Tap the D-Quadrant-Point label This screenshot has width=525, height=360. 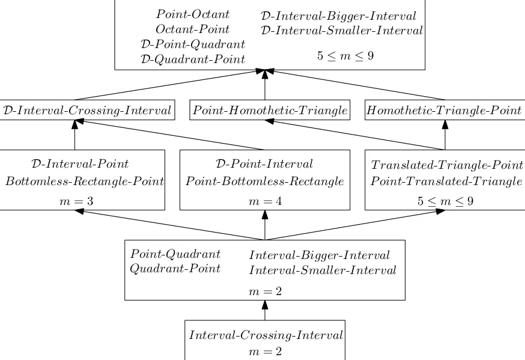pos(192,58)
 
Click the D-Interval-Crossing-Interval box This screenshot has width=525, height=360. pos(88,110)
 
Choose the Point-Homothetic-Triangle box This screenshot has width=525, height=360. pos(270,110)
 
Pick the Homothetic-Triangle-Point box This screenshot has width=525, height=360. pos(445,110)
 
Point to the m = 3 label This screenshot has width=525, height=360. pos(75,201)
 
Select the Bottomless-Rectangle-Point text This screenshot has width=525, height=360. pos(85,182)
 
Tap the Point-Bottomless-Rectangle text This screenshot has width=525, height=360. pos(264,182)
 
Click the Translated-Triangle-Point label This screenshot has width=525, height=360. pos(446,165)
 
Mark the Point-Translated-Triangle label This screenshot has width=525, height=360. pos(446,182)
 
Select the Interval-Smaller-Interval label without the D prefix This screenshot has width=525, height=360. pos(323,270)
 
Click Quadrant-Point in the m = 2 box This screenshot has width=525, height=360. pos(175,268)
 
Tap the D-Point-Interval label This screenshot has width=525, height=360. pos(264,163)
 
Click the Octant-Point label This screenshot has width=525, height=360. pos(192,29)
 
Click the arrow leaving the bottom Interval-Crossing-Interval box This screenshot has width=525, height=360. pos(265,311)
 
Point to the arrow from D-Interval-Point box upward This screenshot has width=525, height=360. pos(75,135)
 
